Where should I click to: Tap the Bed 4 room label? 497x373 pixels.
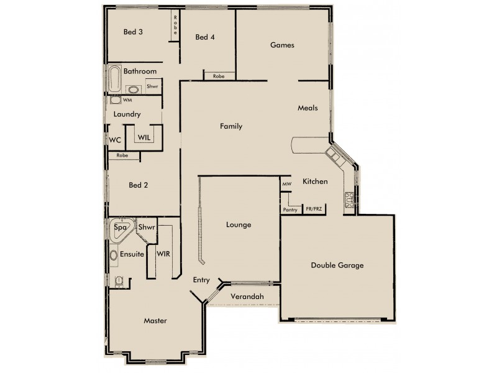pyautogui.click(x=205, y=37)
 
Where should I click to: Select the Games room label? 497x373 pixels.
pyautogui.click(x=281, y=45)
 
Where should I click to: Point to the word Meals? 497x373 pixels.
pyautogui.click(x=308, y=108)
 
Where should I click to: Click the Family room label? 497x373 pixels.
pyautogui.click(x=230, y=126)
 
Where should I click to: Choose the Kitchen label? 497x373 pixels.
pyautogui.click(x=315, y=182)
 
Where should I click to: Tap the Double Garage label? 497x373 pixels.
pyautogui.click(x=337, y=265)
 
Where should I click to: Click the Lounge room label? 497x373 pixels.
pyautogui.click(x=238, y=224)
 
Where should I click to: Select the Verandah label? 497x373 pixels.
pyautogui.click(x=247, y=297)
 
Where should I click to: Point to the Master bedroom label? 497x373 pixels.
pyautogui.click(x=155, y=321)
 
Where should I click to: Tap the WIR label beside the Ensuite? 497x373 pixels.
pyautogui.click(x=163, y=254)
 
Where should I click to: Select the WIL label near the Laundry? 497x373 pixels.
pyautogui.click(x=144, y=137)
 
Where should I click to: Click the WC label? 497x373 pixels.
pyautogui.click(x=115, y=140)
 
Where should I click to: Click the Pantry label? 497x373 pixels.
pyautogui.click(x=290, y=210)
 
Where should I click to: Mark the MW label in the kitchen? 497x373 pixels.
pyautogui.click(x=286, y=185)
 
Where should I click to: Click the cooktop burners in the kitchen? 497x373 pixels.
pyautogui.click(x=349, y=200)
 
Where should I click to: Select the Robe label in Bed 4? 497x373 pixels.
pyautogui.click(x=219, y=76)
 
